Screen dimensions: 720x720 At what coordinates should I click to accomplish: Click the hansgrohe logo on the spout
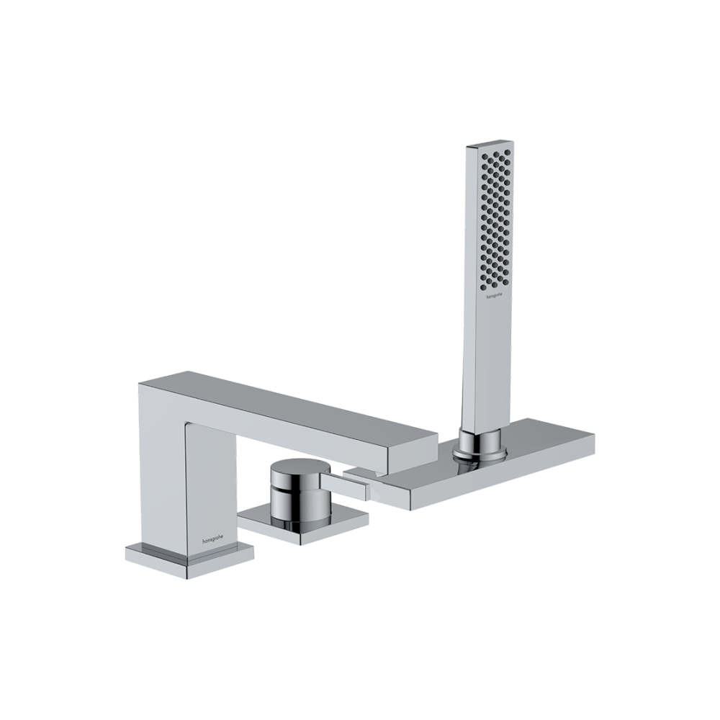click(x=215, y=541)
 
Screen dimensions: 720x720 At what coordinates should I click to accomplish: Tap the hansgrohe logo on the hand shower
click(x=494, y=296)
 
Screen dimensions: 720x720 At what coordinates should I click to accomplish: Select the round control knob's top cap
click(x=300, y=469)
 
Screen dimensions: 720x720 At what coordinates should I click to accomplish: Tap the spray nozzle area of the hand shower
click(x=494, y=220)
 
